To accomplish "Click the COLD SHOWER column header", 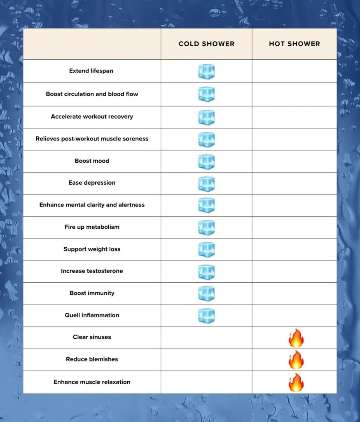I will click(x=206, y=44).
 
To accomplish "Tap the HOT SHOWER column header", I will click(x=294, y=44).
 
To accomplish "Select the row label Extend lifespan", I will click(x=91, y=71).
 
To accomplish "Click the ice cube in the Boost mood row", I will click(x=206, y=162).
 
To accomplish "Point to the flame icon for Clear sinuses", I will click(x=296, y=338).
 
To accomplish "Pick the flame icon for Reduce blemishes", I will click(x=296, y=360).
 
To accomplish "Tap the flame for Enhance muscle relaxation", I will click(x=296, y=382).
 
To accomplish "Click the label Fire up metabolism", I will click(x=92, y=227).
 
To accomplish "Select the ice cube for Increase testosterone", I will click(x=206, y=272).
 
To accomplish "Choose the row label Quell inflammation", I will click(x=92, y=315).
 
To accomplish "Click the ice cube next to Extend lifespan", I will click(x=206, y=72).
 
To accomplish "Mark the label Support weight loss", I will click(x=92, y=249).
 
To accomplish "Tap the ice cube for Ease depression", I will click(x=206, y=184).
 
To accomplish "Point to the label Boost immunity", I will click(x=92, y=293).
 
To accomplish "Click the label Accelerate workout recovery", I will click(x=92, y=117).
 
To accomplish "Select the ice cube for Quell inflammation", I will click(x=206, y=316).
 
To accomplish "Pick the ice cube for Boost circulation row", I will click(x=206, y=94).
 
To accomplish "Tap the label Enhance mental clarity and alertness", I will click(x=92, y=205).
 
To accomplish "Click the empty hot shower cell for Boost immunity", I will click(x=294, y=293).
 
